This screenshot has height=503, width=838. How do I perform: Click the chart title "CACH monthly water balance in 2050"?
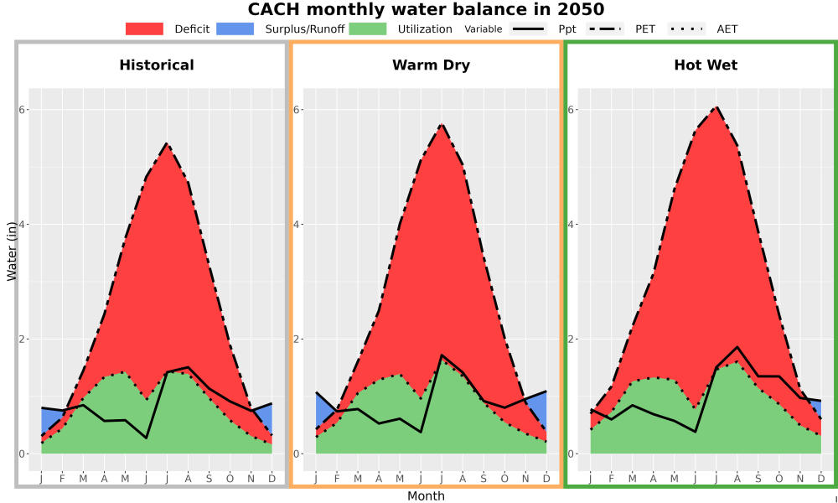pyautogui.click(x=426, y=9)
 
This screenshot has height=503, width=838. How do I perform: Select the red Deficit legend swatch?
pyautogui.click(x=144, y=29)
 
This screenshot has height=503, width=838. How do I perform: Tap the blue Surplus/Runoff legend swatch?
pyautogui.click(x=235, y=29)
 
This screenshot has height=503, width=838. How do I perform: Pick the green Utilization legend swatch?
pyautogui.click(x=368, y=29)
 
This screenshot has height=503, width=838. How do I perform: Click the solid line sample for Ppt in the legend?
pyautogui.click(x=528, y=29)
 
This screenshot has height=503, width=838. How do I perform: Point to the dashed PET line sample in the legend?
pyautogui.click(x=605, y=29)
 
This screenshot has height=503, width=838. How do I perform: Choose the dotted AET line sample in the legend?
pyautogui.click(x=686, y=29)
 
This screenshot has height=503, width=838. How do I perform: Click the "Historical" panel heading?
pyautogui.click(x=157, y=65)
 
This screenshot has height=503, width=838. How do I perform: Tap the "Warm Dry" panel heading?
pyautogui.click(x=431, y=65)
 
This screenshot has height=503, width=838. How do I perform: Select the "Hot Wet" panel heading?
pyautogui.click(x=706, y=65)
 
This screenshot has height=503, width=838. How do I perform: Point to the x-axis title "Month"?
pyautogui.click(x=426, y=496)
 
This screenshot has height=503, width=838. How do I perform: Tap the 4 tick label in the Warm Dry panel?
pyautogui.click(x=297, y=224)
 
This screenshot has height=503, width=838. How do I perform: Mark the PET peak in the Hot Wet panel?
pyautogui.click(x=716, y=107)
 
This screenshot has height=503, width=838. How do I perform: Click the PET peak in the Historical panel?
pyautogui.click(x=167, y=143)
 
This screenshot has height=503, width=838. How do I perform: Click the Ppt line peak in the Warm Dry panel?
pyautogui.click(x=442, y=355)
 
